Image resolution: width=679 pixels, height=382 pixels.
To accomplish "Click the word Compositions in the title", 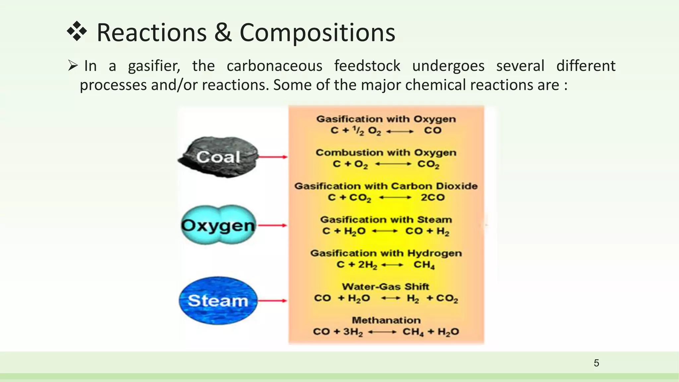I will (317, 33).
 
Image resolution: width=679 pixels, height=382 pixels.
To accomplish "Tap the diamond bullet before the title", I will (77, 32).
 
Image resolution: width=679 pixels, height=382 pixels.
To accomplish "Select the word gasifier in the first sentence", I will (154, 66).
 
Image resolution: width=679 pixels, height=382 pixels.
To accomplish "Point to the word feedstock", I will (367, 66).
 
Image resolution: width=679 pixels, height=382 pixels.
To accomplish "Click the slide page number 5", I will (596, 363).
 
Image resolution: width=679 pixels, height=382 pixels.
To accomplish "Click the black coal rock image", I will (217, 157).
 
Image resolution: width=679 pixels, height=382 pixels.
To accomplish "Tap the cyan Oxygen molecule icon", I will (218, 225).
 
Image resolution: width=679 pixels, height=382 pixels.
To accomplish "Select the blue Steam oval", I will (218, 300).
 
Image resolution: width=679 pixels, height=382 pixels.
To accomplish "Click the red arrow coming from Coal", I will (273, 157).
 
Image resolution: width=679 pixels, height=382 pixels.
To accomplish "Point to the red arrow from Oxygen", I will (273, 225).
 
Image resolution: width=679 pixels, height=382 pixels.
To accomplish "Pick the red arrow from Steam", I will (273, 301).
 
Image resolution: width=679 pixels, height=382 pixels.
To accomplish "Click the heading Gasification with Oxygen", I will (386, 119).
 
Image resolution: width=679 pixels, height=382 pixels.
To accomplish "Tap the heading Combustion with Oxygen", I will (386, 153).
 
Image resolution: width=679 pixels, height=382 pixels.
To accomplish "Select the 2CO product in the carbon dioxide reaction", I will (432, 197).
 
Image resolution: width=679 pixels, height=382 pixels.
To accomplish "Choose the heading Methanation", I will (386, 320).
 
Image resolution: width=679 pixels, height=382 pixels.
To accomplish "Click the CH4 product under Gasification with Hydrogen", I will (424, 265).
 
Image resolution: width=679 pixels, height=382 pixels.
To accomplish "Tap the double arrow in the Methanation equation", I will (382, 332).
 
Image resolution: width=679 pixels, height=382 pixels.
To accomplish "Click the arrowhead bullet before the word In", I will (73, 65).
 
